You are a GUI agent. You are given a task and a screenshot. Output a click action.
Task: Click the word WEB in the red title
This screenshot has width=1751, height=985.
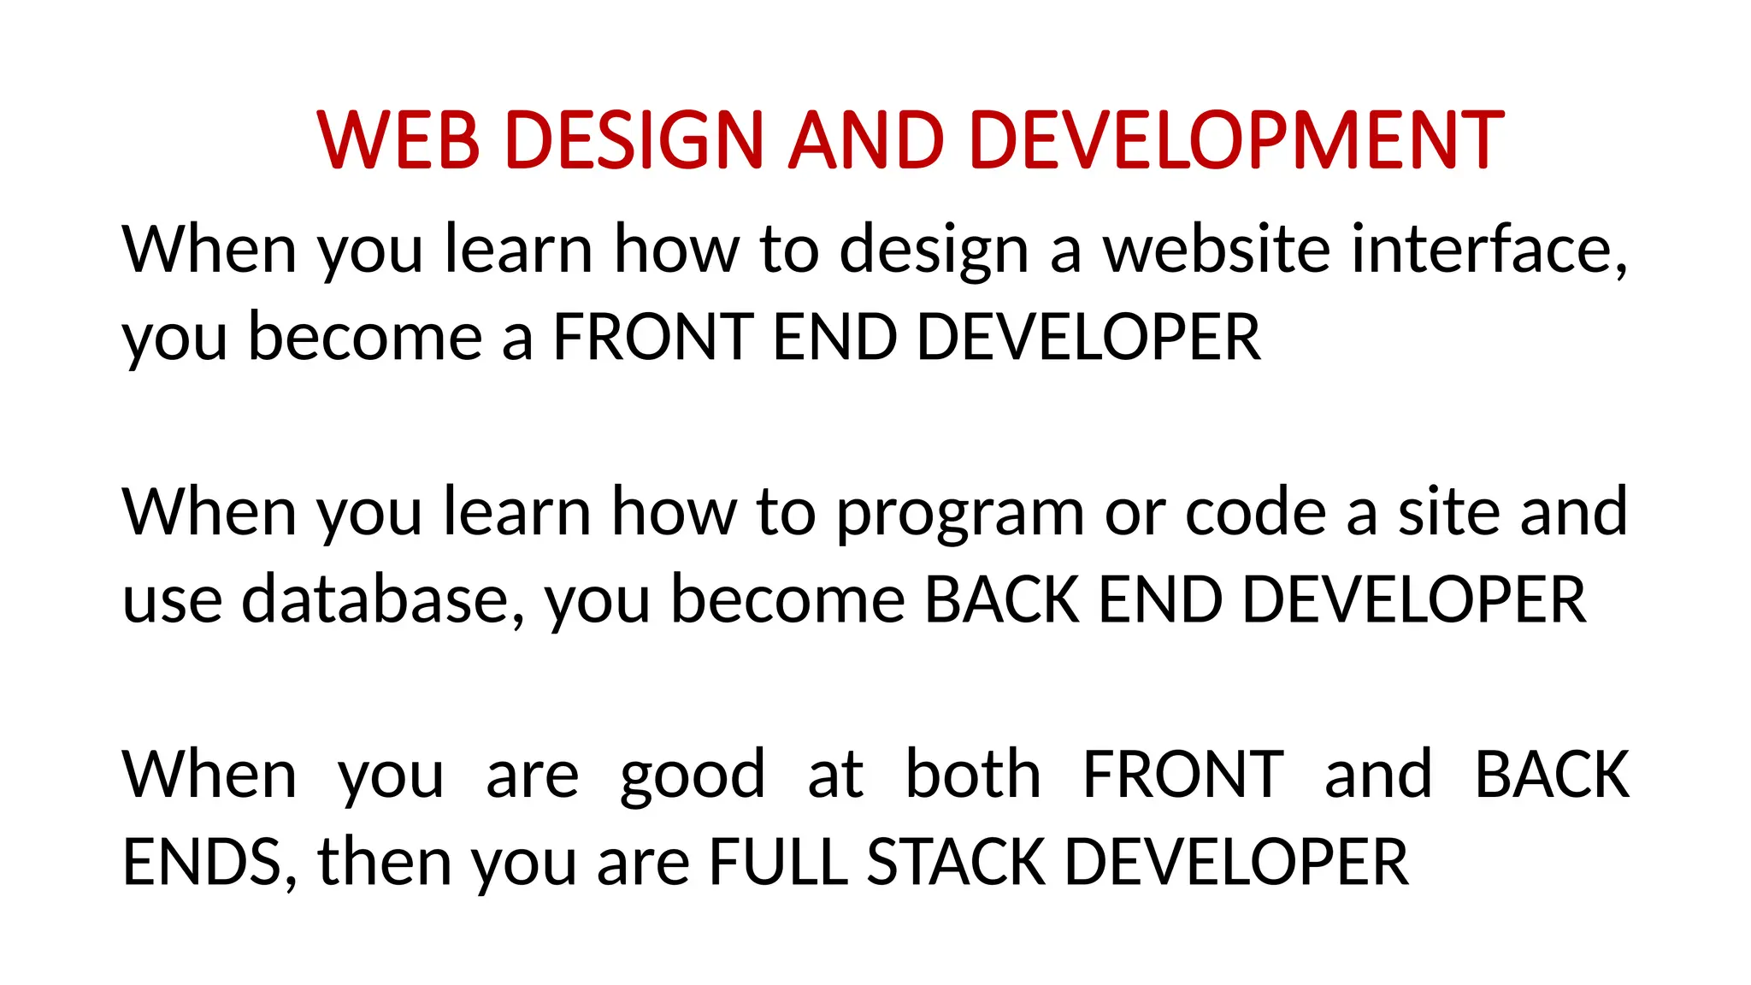point(398,139)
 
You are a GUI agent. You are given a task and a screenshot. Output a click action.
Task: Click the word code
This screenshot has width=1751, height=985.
point(1255,512)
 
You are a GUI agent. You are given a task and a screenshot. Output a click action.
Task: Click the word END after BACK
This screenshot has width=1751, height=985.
point(1160,599)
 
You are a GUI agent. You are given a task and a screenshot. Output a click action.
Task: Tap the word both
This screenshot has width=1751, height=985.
point(973,775)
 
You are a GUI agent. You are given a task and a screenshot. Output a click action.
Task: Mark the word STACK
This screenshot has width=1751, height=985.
point(956,862)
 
